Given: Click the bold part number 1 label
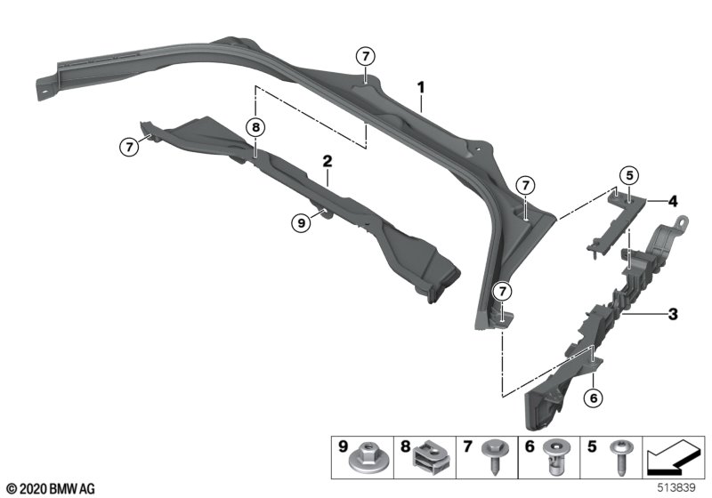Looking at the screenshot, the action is (x=421, y=87).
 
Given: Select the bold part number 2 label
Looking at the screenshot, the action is (x=328, y=161).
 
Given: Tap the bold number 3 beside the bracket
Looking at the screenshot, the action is (x=673, y=313).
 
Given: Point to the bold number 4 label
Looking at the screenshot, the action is (x=673, y=201).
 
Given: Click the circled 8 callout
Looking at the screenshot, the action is (x=255, y=127).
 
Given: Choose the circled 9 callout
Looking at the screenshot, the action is (x=301, y=222).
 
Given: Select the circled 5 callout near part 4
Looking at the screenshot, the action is (x=629, y=175).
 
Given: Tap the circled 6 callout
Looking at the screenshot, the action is (x=594, y=398).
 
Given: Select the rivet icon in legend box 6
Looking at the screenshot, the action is (x=555, y=457).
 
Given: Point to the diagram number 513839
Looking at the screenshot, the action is (x=676, y=487).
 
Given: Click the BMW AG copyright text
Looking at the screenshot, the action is (x=52, y=489).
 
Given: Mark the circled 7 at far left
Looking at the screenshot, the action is (x=129, y=147).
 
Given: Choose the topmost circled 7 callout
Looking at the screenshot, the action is (x=366, y=57).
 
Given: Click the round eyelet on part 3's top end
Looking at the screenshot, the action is (x=682, y=222).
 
